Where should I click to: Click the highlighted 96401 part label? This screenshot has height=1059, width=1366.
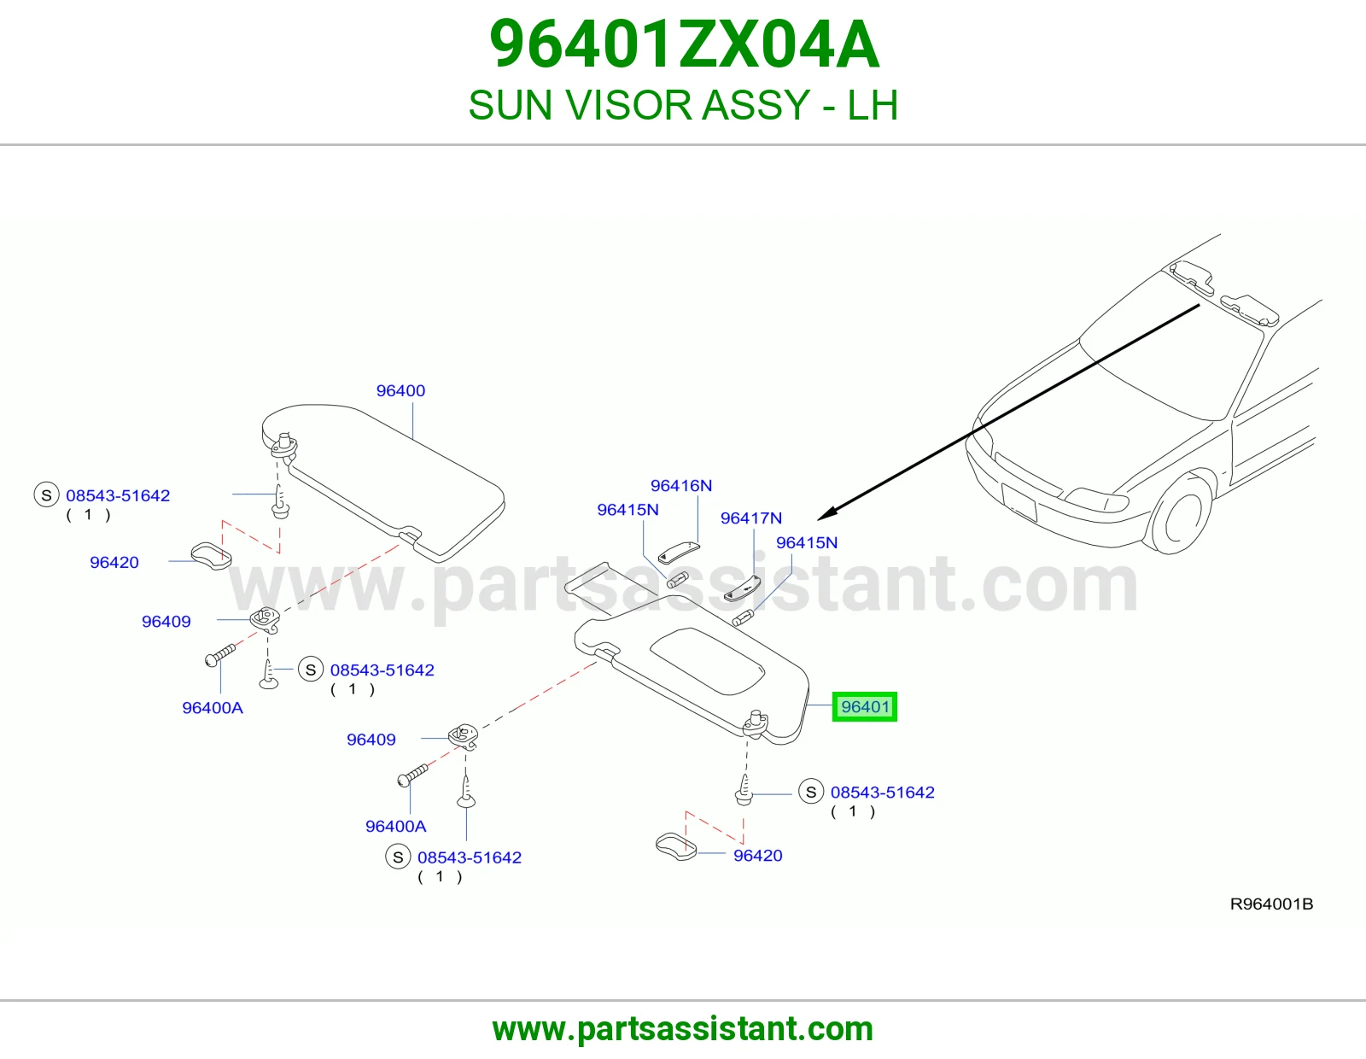864,707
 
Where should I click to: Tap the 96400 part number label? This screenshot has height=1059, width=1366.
400,390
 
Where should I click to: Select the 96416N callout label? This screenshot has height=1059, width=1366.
680,485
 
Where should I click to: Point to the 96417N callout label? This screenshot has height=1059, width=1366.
750,518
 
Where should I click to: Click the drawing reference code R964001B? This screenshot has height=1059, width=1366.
1271,904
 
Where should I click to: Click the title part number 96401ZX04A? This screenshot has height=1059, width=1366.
684,44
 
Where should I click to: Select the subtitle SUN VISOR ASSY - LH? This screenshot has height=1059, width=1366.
683,105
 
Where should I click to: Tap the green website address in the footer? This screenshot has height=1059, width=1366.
683,1029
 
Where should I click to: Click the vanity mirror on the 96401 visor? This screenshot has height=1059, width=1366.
707,661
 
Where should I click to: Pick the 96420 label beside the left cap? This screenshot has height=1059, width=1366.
114,562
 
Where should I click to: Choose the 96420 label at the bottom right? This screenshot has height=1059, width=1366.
757,855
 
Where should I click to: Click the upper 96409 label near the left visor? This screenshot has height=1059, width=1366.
166,622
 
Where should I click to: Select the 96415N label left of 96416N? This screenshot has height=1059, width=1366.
628,509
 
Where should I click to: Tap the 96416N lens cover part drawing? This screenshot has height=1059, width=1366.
678,553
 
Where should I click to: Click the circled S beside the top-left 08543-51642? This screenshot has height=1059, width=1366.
46,495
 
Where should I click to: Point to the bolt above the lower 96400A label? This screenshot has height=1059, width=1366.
412,774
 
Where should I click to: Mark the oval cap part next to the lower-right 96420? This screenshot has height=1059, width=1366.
676,846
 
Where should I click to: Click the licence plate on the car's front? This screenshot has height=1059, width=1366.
1019,502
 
